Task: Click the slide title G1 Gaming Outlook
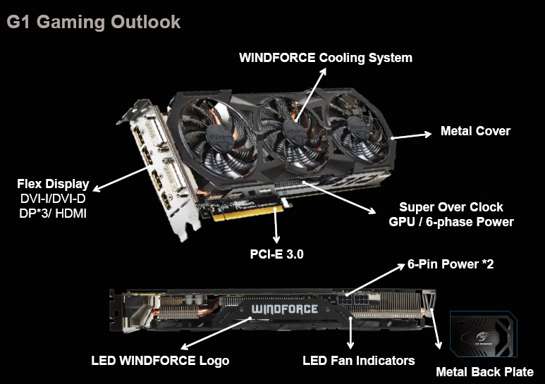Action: tap(94, 22)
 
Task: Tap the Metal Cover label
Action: tap(475, 131)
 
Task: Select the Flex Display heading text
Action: tap(53, 184)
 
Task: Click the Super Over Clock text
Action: tap(451, 207)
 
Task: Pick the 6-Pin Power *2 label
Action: tap(449, 267)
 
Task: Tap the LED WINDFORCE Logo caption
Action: tap(160, 361)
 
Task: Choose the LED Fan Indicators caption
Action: tap(358, 361)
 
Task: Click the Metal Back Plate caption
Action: tap(484, 372)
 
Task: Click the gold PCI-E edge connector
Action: tap(247, 211)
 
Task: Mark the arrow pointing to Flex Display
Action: tap(119, 178)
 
